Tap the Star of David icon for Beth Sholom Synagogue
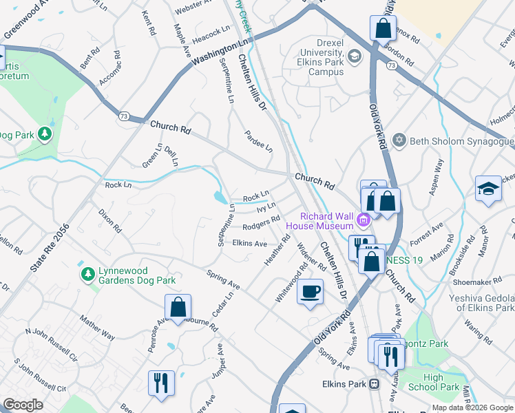pos(399,141)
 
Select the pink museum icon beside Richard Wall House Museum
pos(364,221)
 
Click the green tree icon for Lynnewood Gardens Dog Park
pos(87,275)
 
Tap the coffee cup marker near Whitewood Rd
pos(310,291)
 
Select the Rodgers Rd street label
pos(261,224)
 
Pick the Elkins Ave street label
pos(249,243)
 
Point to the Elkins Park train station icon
pos(375,383)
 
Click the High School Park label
pos(441,382)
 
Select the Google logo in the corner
pos(23,405)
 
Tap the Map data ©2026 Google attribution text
pos(472,407)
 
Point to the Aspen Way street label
pos(437,176)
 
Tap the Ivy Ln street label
pos(266,206)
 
